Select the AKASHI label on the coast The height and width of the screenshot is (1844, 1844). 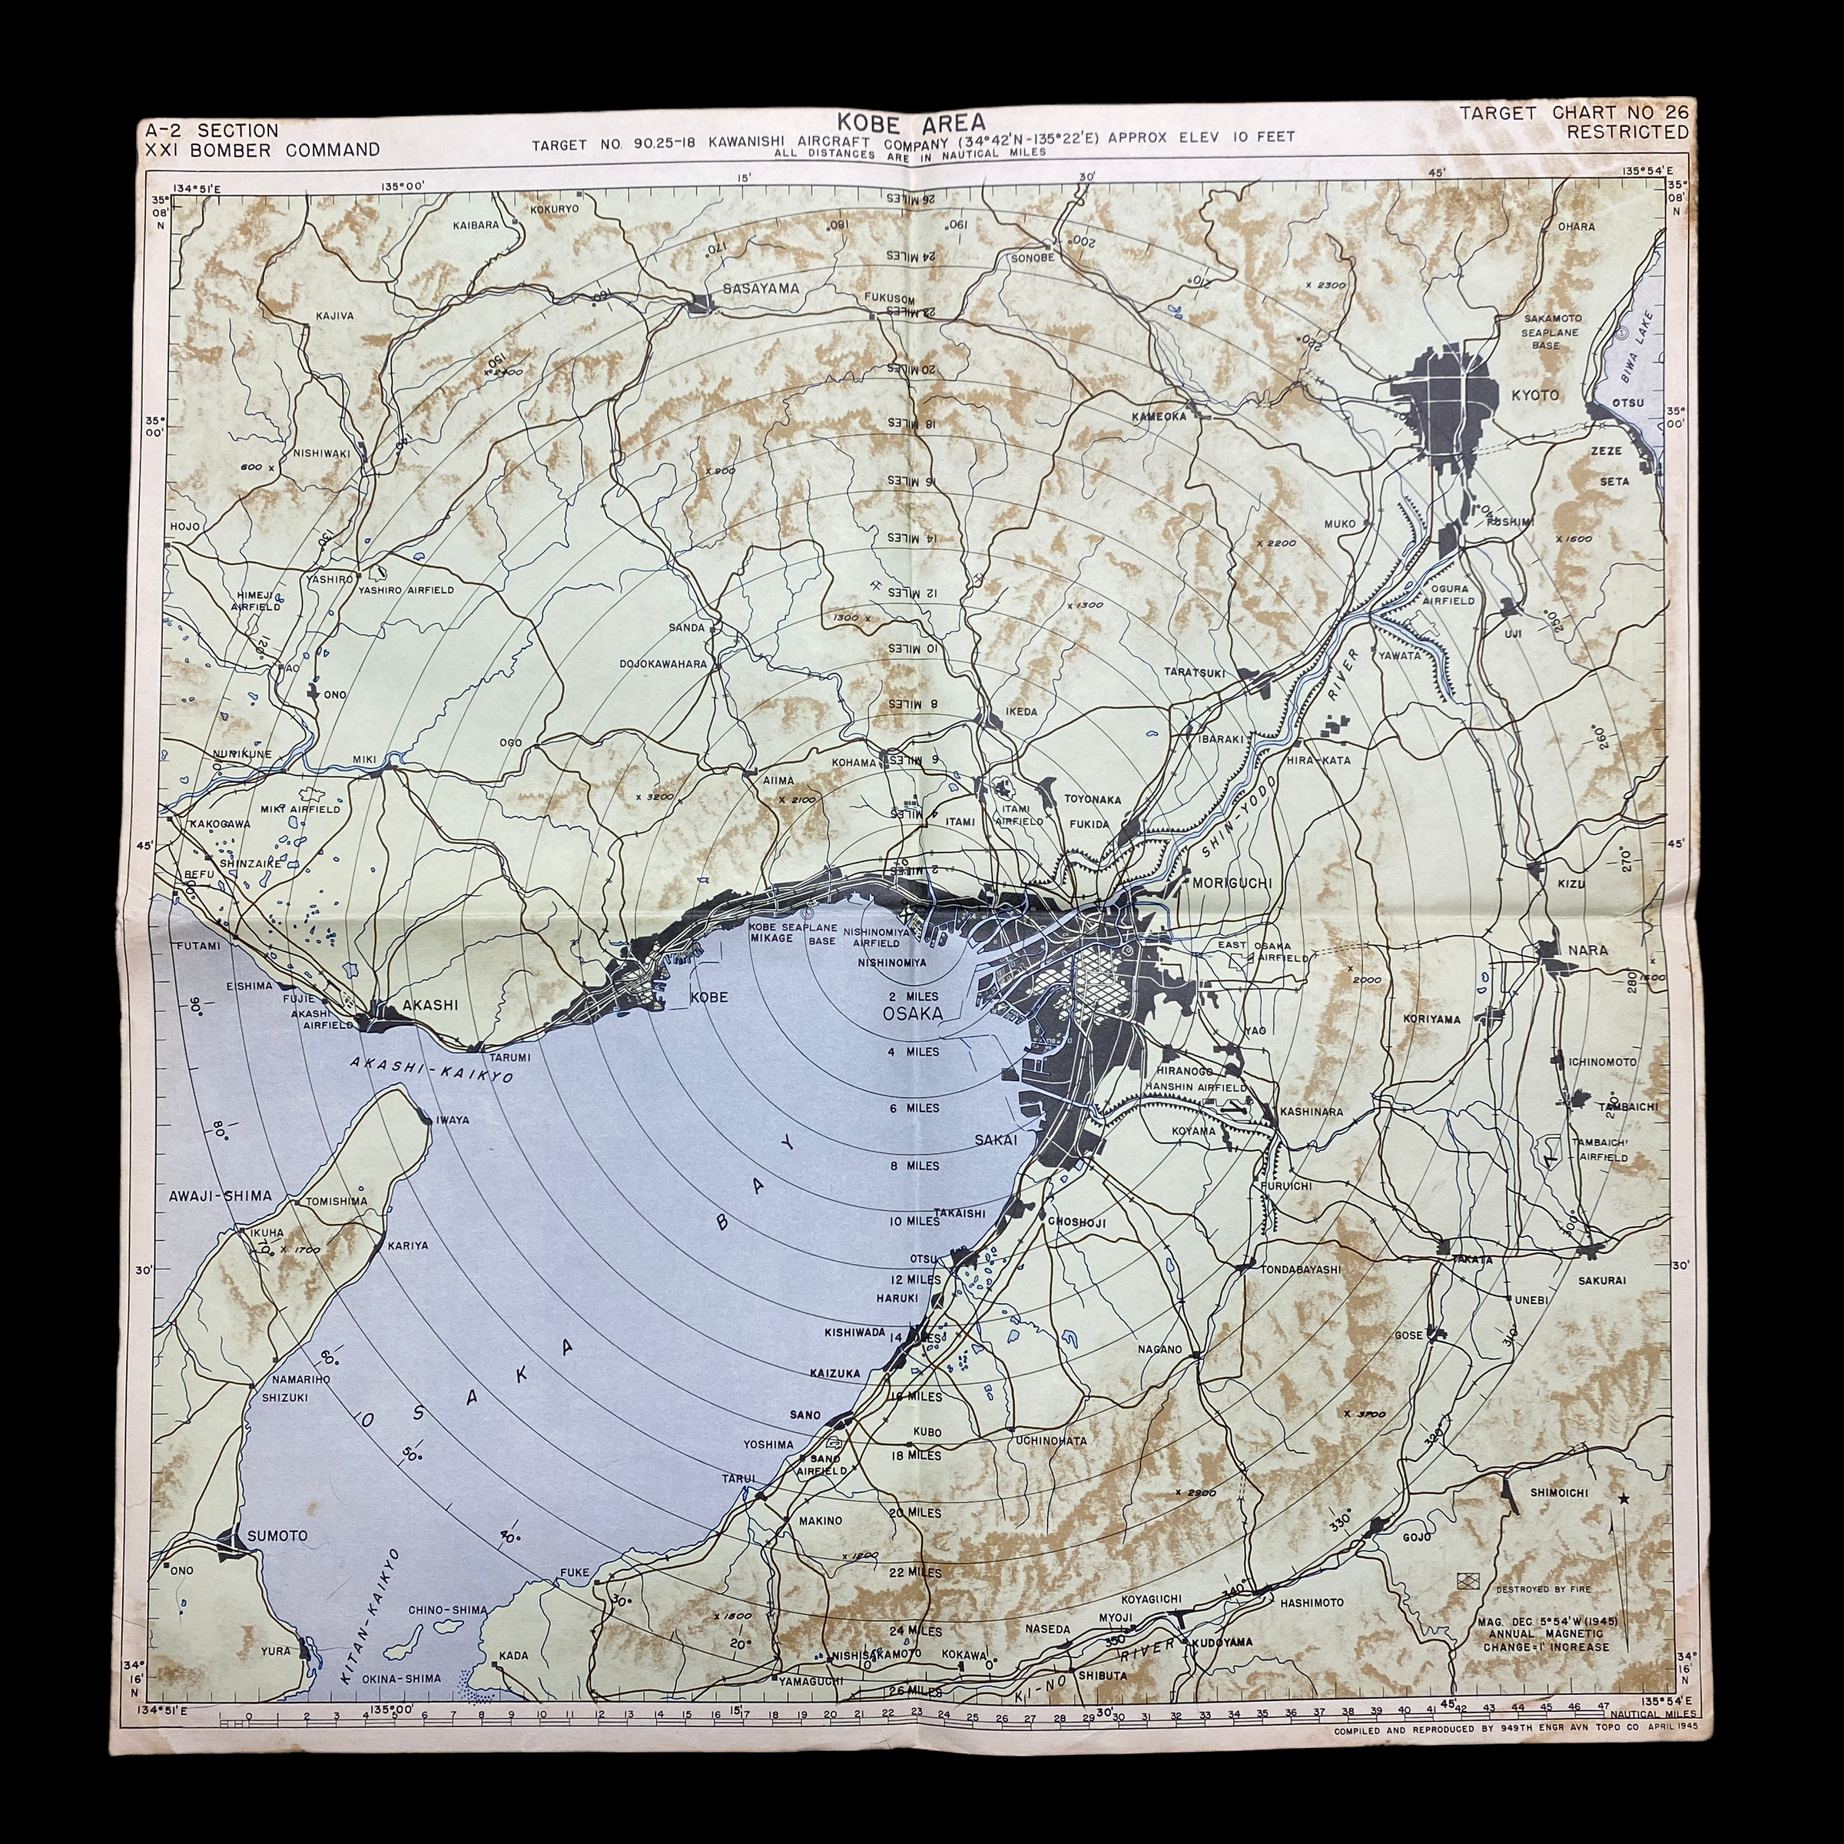point(430,1004)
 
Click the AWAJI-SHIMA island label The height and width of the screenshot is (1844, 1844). point(221,1195)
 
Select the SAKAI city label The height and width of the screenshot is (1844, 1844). point(996,1139)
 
